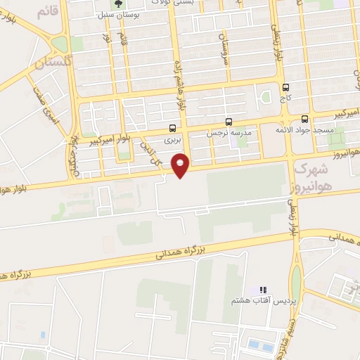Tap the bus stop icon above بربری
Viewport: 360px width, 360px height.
(x=173, y=128)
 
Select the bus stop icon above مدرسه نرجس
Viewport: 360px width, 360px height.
(x=228, y=121)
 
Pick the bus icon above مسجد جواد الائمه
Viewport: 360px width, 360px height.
(x=304, y=119)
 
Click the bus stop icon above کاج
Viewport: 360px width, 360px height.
(x=285, y=88)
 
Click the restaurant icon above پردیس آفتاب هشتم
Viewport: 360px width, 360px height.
(x=264, y=290)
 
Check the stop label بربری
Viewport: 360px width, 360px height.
(x=173, y=140)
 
